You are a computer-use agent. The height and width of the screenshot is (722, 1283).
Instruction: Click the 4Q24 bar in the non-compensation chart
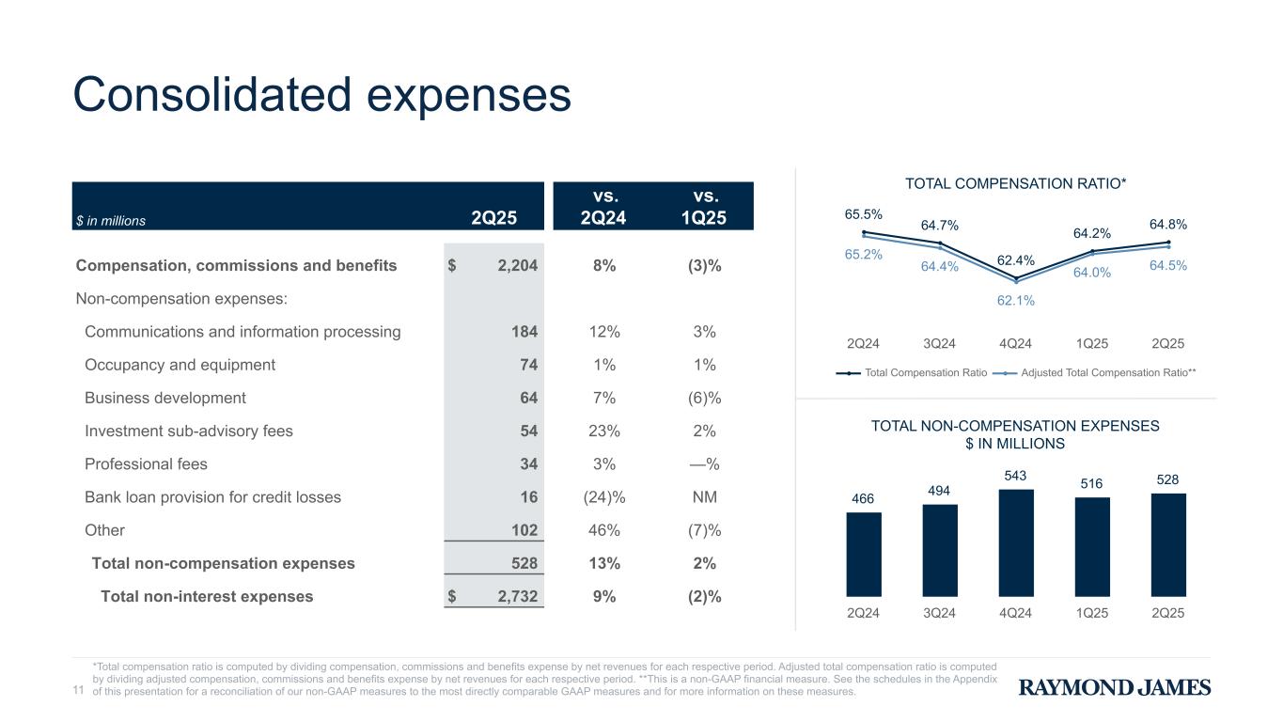(1016, 542)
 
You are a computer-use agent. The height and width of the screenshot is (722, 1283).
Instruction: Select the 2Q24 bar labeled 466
(864, 554)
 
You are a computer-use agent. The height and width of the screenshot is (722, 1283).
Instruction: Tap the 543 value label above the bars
(1015, 476)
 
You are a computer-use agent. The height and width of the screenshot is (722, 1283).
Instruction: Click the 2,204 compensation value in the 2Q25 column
(517, 265)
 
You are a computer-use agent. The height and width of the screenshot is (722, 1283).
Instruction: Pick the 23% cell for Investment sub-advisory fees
(604, 431)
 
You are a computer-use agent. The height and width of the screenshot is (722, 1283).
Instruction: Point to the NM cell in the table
(705, 496)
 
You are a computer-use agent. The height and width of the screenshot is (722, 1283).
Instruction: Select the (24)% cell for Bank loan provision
(604, 497)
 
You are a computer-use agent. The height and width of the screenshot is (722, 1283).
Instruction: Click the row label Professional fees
(146, 464)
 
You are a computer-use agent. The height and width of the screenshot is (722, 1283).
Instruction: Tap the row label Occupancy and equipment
(180, 365)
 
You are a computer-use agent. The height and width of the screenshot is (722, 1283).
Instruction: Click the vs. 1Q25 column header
(704, 207)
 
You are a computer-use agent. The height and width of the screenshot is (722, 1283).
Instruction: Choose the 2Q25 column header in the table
(493, 218)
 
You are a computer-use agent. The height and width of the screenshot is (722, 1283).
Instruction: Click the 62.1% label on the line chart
(1015, 300)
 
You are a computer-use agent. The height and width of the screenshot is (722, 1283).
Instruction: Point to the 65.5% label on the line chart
(863, 214)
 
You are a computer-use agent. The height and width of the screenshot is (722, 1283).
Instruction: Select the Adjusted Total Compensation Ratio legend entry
(1094, 372)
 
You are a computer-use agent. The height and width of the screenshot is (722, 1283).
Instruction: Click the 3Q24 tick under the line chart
(939, 343)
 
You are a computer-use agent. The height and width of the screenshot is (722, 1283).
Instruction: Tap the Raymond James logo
(1115, 687)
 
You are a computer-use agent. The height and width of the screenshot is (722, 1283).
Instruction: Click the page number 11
(78, 689)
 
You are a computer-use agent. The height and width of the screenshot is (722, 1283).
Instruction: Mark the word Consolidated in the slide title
(211, 94)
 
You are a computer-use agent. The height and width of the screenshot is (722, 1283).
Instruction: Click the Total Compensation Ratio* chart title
(1015, 183)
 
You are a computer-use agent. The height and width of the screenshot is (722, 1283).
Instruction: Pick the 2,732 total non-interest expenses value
(517, 597)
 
